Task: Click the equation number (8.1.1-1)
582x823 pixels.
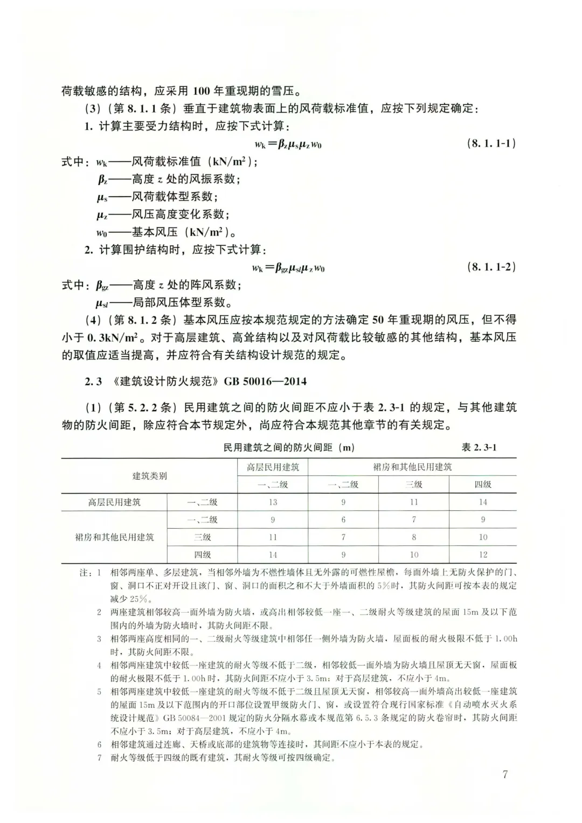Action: tap(491, 143)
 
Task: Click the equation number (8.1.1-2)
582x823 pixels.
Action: tap(491, 267)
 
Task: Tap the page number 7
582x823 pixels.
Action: tap(505, 774)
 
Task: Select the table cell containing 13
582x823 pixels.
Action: tap(273, 502)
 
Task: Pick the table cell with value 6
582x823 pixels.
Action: tap(343, 520)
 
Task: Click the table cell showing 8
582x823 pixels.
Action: tap(414, 537)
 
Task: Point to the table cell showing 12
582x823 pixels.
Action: tap(483, 554)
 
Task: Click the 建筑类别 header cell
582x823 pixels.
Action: tap(149, 476)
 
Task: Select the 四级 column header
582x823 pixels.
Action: tap(483, 485)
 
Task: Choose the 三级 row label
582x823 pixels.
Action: tap(202, 537)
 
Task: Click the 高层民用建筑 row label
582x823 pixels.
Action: tap(114, 502)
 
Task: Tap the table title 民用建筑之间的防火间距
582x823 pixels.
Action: tap(289, 448)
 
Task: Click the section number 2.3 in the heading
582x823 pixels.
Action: tap(93, 382)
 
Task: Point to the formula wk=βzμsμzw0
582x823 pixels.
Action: tap(288, 144)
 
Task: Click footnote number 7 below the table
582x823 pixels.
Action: tap(99, 758)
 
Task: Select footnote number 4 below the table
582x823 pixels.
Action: tap(99, 665)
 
